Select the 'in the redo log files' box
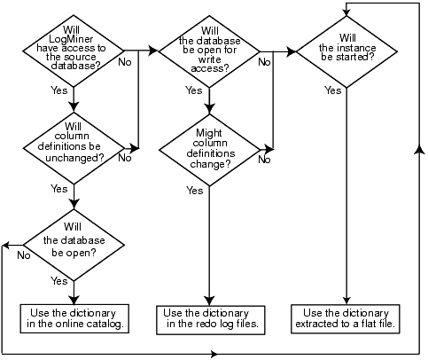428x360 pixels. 210,319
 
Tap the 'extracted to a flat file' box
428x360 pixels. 346,319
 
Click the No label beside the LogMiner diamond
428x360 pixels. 126,63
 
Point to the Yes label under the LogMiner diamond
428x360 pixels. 59,90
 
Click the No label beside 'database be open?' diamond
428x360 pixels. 23,254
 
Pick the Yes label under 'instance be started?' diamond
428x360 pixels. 332,90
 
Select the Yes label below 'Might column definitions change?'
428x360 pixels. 194,190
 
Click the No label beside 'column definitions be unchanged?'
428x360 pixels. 124,159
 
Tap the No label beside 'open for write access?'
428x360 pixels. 263,63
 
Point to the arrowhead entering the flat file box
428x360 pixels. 346,301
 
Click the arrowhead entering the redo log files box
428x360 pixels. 209,301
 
